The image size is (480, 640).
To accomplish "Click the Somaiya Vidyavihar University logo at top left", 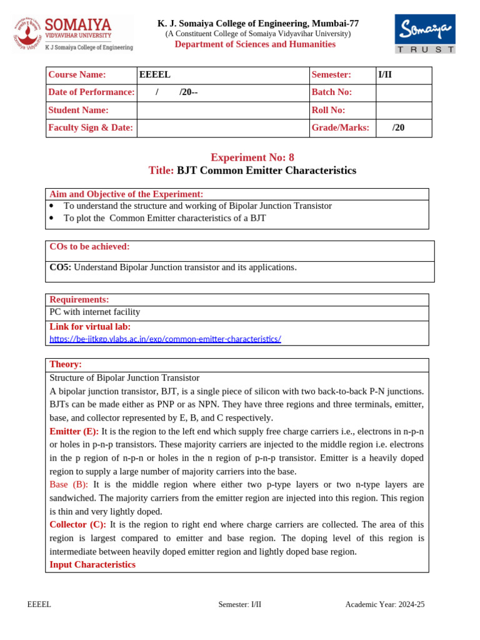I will [72, 34].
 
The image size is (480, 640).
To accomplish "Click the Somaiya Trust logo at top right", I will [424, 34].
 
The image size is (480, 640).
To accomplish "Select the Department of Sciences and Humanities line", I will [255, 44].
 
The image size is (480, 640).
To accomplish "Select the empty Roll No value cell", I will [403, 110].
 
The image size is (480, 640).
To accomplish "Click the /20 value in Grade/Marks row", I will [398, 127].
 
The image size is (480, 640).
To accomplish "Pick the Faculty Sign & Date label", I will [91, 127].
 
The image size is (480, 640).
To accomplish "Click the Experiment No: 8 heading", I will [252, 157].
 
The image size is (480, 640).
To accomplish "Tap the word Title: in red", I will [161, 171].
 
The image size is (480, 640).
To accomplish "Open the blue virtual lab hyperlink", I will [165, 339].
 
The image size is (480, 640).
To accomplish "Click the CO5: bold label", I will [61, 267].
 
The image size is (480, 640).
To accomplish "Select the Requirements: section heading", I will [79, 300].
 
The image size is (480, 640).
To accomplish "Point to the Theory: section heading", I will [66, 364].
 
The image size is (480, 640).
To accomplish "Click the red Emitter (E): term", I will [74, 432].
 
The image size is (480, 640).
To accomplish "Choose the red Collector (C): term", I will [77, 524].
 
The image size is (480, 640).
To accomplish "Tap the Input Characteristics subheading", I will [92, 564].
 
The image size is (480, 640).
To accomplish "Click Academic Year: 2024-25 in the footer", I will [384, 604].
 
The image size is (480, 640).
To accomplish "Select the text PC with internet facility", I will [94, 312].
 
